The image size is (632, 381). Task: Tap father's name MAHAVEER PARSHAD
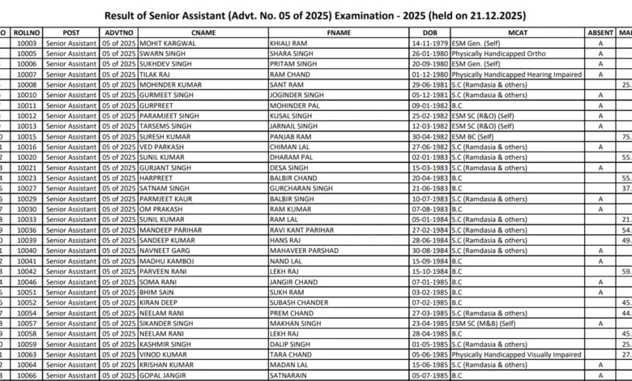(x=304, y=250)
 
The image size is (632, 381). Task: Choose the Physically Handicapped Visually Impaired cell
(x=516, y=354)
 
